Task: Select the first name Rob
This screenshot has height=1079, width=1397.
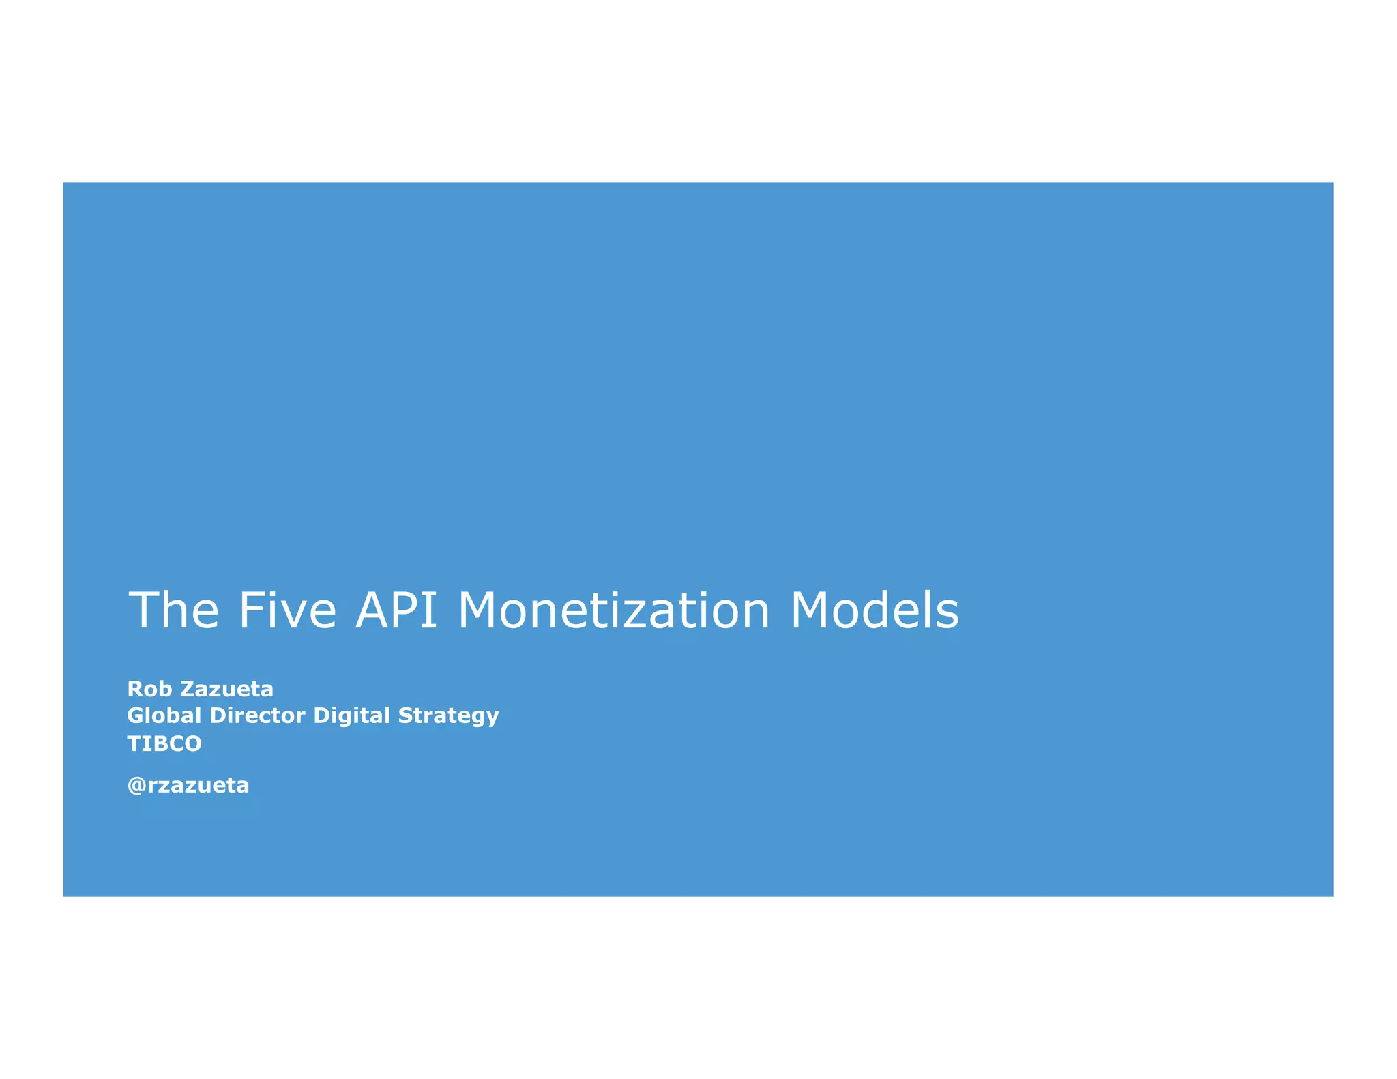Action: coord(149,689)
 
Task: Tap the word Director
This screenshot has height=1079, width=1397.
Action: coord(257,715)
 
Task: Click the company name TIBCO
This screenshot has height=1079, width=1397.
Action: coord(164,743)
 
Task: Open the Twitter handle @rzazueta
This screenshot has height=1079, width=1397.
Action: coord(188,785)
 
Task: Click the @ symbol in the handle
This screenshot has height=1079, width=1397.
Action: coord(136,786)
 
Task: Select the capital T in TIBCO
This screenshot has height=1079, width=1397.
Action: coord(133,743)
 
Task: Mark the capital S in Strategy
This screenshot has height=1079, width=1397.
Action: coord(405,715)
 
